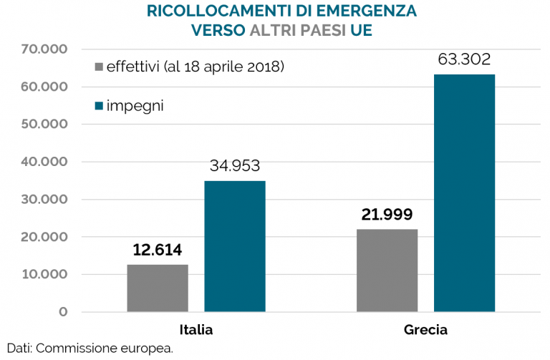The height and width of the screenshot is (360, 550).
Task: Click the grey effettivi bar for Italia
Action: [x=158, y=288]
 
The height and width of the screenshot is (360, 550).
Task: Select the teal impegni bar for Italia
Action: [x=235, y=246]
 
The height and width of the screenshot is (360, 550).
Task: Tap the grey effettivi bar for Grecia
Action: [x=387, y=271]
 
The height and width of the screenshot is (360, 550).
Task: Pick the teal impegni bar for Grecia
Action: [x=464, y=193]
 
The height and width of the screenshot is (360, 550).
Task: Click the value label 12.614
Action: [x=158, y=250]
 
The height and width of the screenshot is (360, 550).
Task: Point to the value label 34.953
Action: [x=235, y=166]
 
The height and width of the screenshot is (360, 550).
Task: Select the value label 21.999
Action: [x=387, y=215]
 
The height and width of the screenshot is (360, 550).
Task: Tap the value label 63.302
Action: [x=464, y=59]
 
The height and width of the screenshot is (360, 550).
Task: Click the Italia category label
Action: [x=196, y=330]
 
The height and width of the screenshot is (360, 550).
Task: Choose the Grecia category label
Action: [x=425, y=330]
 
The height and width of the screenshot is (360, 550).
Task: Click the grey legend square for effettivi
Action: [x=99, y=68]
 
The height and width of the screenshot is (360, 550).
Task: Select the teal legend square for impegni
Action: [x=99, y=107]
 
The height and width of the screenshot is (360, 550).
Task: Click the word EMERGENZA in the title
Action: [x=365, y=11]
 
